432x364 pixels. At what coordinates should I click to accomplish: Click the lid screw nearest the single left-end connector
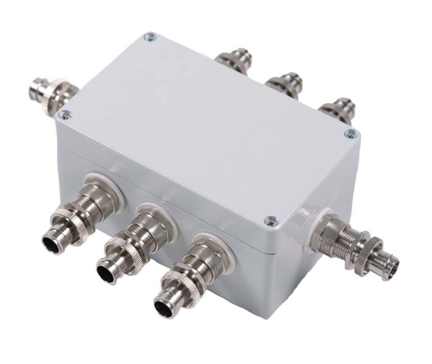point(65,116)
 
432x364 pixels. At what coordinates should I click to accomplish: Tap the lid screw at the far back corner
point(149,37)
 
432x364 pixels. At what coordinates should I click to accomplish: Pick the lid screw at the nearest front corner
point(272,221)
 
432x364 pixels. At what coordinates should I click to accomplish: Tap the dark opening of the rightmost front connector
point(163,308)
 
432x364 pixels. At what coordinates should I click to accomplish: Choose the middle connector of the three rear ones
point(284,84)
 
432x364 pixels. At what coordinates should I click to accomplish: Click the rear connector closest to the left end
point(235,61)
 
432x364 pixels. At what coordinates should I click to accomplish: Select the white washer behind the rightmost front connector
point(213,246)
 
